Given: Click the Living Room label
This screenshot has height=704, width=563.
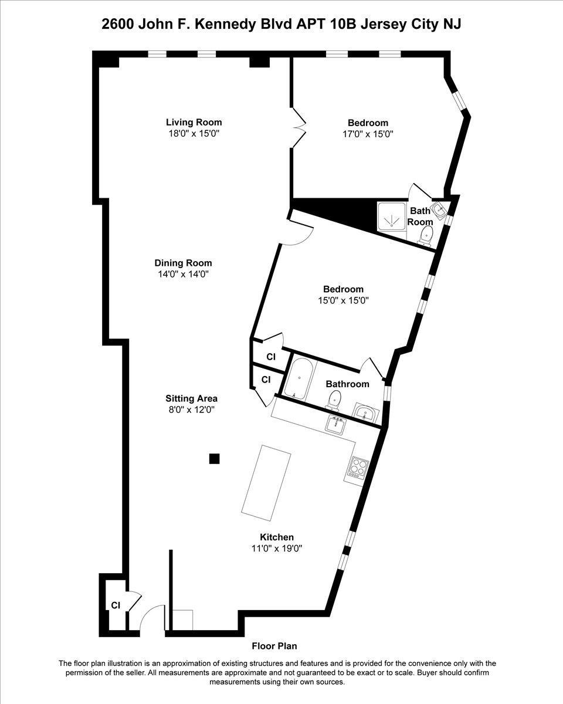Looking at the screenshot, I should point(194,123).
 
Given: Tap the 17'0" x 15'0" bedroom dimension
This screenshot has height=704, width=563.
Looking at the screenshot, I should point(368,134).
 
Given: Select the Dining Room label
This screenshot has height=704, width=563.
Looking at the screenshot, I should point(183,263).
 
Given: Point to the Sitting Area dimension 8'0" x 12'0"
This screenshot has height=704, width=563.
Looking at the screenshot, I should point(191,410).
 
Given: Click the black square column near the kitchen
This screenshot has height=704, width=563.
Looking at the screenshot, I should point(215,459).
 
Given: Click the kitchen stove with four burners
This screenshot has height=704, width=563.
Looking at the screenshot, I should point(358,468).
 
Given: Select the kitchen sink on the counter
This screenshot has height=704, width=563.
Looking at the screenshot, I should point(335,423).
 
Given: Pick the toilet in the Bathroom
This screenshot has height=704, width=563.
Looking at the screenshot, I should point(334,401).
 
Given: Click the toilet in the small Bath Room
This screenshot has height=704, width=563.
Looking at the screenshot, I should point(426,235).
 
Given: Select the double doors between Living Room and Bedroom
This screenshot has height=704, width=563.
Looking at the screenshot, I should point(299,126).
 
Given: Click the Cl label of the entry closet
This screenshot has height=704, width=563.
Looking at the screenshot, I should point(116,605).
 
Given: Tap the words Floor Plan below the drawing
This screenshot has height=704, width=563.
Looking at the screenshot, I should point(274,646).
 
